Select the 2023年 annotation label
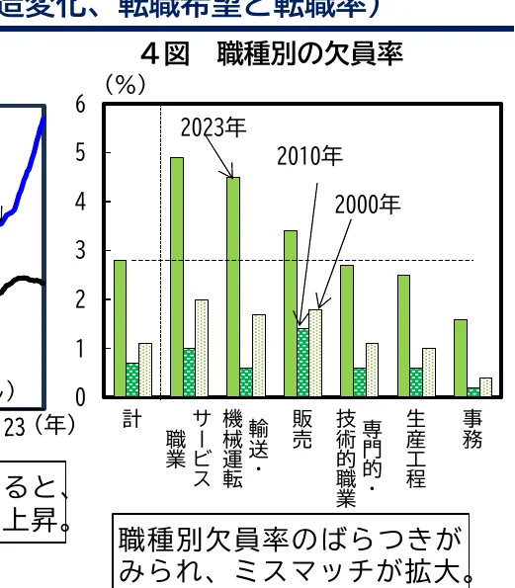(213, 126)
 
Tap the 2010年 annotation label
(309, 155)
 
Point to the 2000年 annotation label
(367, 205)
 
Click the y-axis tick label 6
(80, 105)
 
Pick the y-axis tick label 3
(80, 251)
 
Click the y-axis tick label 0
(80, 397)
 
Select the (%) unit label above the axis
(126, 85)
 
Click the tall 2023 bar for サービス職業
(177, 277)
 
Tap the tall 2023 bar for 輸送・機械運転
(233, 287)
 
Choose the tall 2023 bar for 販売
(290, 313)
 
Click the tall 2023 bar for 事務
(460, 358)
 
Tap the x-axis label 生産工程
(415, 450)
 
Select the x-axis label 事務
(472, 431)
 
